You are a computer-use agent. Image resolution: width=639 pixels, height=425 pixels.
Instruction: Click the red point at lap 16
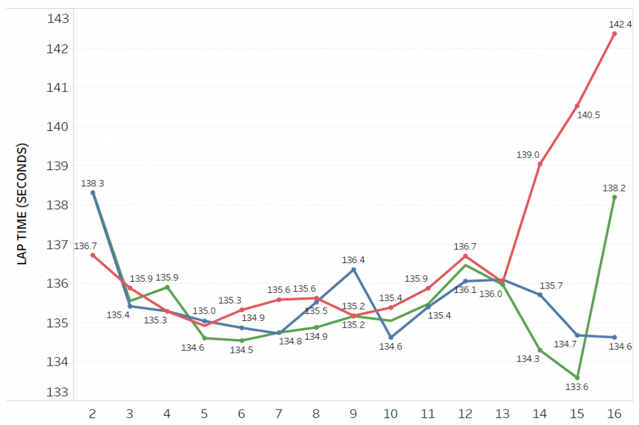tap(614, 34)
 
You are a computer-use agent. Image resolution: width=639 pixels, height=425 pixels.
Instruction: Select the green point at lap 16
tap(614, 197)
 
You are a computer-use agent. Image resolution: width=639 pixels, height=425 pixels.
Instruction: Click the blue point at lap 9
tap(354, 269)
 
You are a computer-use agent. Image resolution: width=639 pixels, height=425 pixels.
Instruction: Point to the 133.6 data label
tap(577, 387)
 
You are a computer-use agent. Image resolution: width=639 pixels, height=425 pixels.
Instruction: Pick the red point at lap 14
tap(540, 164)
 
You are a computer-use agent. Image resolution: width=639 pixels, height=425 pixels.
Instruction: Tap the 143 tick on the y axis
tap(57, 18)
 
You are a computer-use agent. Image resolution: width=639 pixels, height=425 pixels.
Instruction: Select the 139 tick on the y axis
tap(57, 166)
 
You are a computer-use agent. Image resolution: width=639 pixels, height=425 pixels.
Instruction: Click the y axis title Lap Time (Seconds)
tap(22, 204)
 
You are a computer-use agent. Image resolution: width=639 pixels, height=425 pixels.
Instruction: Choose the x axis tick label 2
tap(92, 414)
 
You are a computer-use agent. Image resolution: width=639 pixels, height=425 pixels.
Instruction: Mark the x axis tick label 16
tap(614, 414)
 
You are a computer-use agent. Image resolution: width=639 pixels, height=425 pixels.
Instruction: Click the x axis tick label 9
tap(354, 414)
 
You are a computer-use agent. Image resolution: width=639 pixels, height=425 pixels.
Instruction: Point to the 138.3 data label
tap(92, 184)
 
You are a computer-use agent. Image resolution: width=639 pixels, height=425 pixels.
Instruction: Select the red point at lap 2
tap(92, 255)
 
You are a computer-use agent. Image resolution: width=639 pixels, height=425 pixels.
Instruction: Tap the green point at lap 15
tap(577, 378)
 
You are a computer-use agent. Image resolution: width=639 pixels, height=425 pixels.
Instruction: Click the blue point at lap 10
tap(391, 337)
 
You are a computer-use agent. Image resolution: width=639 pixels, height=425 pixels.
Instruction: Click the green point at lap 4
tap(167, 287)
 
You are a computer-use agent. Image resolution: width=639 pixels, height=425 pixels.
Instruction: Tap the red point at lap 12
tap(466, 256)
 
